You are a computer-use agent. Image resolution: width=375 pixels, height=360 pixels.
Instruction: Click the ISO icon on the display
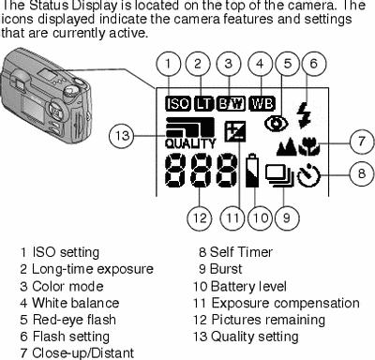[178, 103]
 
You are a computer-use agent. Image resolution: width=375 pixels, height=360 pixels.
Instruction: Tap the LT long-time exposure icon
[204, 103]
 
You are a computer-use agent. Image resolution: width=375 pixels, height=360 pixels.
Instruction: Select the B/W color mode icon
[231, 103]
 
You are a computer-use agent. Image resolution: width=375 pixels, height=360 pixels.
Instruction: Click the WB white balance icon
[262, 103]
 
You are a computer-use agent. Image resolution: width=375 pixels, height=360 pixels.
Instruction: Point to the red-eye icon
[277, 124]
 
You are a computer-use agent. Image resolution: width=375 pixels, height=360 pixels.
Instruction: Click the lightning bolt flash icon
[304, 115]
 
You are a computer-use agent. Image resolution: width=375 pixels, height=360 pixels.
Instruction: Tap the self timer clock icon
[308, 175]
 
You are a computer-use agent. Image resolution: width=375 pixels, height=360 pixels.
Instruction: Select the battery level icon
[252, 171]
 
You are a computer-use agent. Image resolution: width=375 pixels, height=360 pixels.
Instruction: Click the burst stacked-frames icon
[279, 176]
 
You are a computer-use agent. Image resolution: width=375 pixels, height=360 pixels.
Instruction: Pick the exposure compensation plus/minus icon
[235, 131]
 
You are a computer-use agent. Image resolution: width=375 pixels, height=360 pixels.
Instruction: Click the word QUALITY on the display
[190, 143]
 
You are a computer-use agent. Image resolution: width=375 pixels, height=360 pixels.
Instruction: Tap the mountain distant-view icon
[287, 147]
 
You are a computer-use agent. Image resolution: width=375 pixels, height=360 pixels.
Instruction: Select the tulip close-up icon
[309, 147]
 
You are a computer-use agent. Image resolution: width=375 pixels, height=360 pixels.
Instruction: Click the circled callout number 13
[122, 136]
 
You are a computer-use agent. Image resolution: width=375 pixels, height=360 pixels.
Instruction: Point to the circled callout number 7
[362, 142]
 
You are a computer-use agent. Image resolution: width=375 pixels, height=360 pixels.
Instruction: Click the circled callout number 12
[200, 217]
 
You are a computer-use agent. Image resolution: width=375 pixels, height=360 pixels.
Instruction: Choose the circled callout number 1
[169, 64]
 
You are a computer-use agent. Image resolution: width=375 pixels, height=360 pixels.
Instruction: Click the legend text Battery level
[248, 286]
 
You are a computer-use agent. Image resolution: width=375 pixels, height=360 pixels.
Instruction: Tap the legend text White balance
[76, 303]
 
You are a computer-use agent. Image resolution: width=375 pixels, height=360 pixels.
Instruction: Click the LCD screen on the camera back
[32, 110]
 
